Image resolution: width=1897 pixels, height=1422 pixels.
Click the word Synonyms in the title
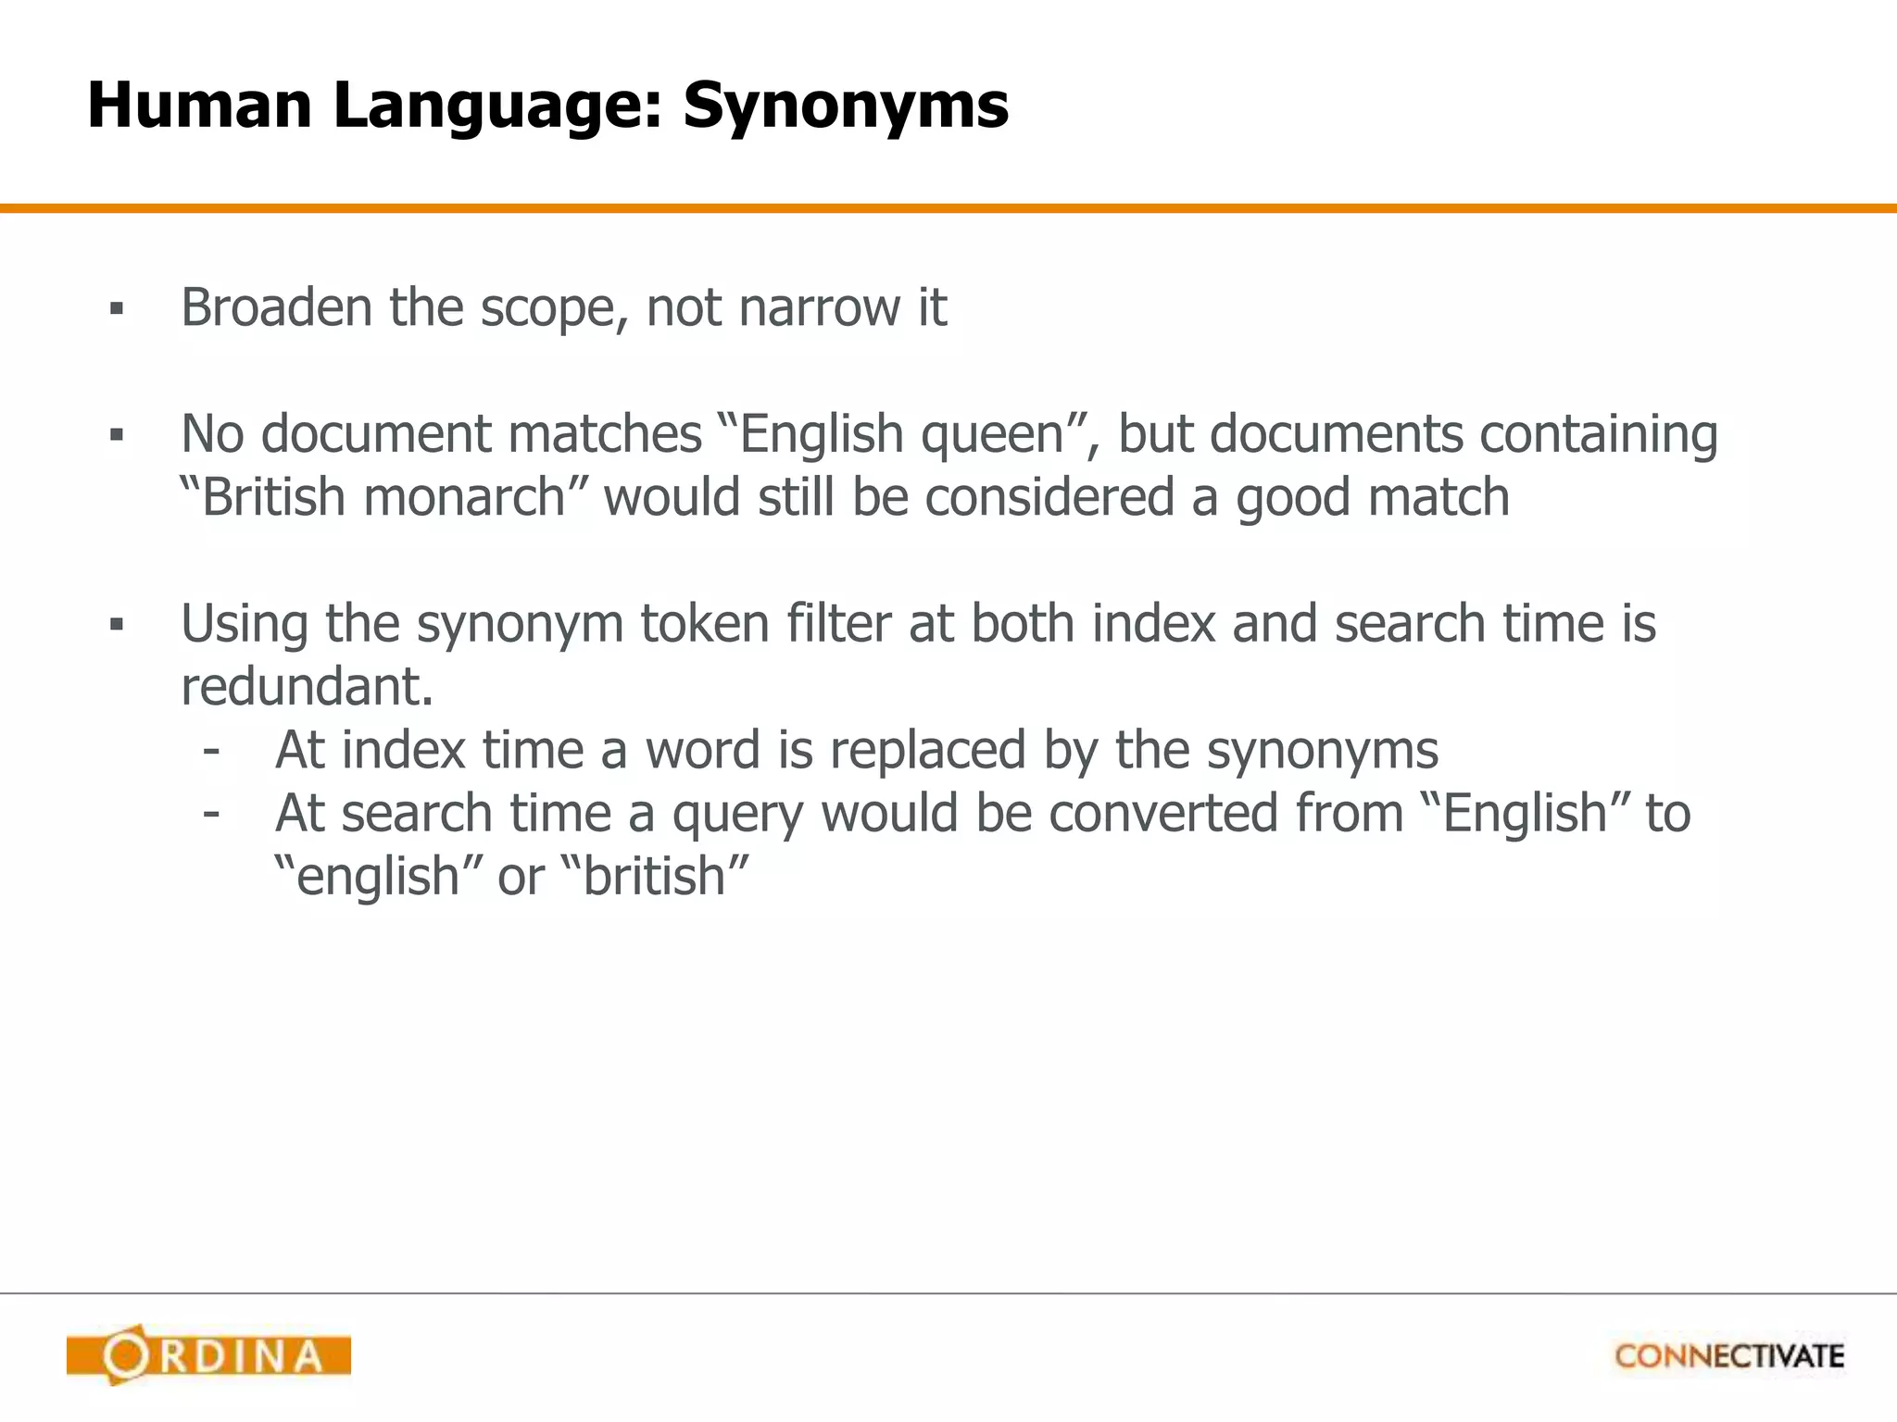click(x=845, y=106)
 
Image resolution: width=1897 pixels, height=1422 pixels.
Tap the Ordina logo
click(x=208, y=1356)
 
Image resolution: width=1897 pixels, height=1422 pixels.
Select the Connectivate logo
click(x=1729, y=1356)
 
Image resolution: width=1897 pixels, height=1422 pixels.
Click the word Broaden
click(x=276, y=307)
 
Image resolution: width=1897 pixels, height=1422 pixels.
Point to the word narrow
click(x=820, y=307)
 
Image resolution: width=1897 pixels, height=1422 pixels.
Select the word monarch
click(x=464, y=497)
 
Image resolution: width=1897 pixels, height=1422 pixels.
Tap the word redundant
click(x=307, y=687)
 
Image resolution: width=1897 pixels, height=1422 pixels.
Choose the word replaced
click(x=927, y=750)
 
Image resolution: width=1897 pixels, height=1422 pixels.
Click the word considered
click(x=1049, y=497)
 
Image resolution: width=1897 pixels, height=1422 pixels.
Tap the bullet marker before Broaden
click(x=116, y=308)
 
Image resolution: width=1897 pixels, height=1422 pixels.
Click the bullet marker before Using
click(x=116, y=625)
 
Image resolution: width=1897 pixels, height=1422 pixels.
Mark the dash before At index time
click(x=211, y=749)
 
